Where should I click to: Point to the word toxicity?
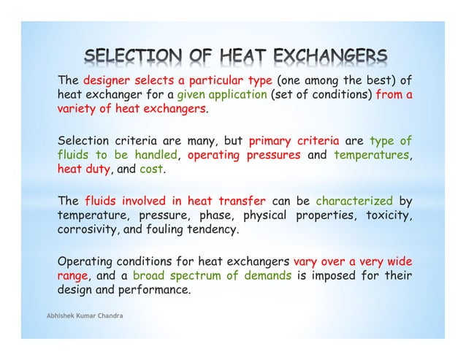click(386, 216)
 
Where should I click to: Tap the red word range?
click(72, 277)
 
